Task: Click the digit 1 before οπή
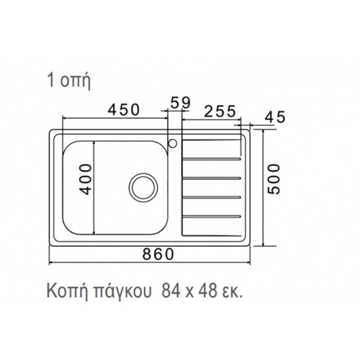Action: click(50, 81)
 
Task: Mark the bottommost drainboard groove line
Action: click(212, 215)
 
